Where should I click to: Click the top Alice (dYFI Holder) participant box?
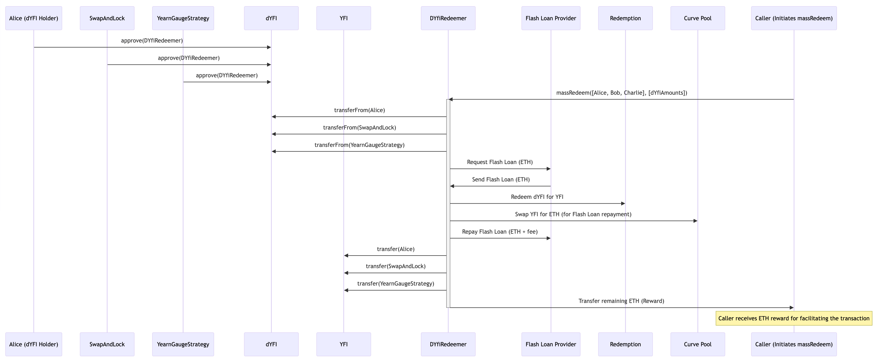coord(34,18)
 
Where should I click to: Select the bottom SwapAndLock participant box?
coord(107,344)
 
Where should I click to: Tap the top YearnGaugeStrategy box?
coord(183,18)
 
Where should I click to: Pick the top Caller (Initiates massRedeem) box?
coord(794,18)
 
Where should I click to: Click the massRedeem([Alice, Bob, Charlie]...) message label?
coord(621,93)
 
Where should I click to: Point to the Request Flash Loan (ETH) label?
coord(500,162)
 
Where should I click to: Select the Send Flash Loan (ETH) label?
coord(500,179)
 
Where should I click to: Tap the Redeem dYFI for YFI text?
coord(537,197)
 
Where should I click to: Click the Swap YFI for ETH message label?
coord(573,214)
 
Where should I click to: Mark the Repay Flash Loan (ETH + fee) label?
coord(500,232)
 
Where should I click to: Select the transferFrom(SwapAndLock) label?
coord(360,128)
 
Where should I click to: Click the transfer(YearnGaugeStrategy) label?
coord(395,284)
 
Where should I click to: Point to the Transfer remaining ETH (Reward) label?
coord(621,301)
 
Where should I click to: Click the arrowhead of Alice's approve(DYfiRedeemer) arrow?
coord(269,47)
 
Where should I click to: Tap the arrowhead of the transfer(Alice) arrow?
coord(346,256)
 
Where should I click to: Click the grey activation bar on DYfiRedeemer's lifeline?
coord(448,204)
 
